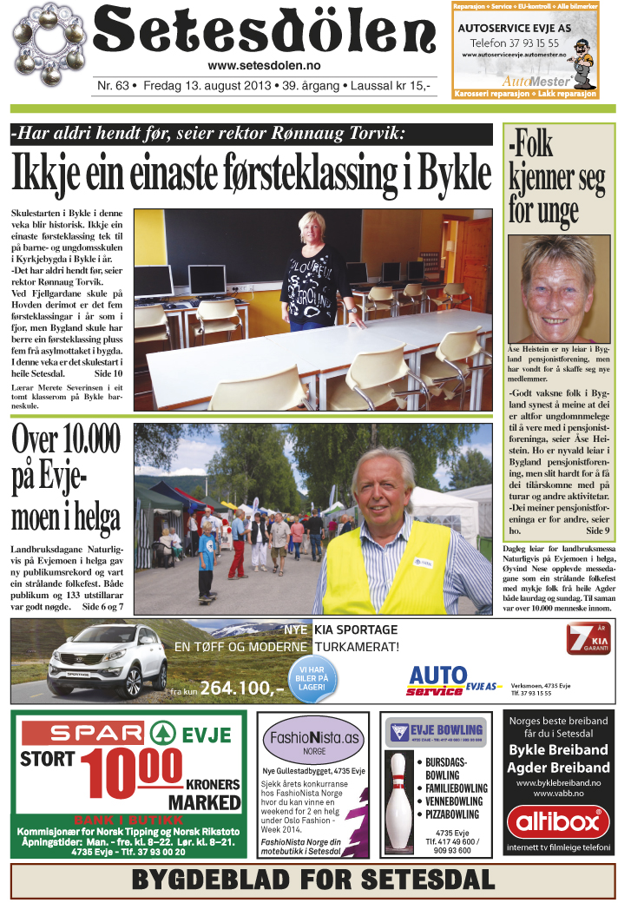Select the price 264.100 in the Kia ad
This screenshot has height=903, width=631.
(241, 689)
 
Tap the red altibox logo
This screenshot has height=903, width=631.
(559, 821)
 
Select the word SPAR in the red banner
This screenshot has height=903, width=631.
(79, 732)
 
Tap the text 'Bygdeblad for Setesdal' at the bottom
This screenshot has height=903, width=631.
(312, 881)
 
